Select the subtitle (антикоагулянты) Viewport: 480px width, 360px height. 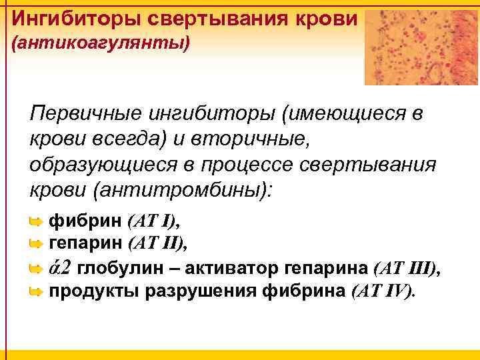click(x=101, y=45)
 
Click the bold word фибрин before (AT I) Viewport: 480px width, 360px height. click(x=86, y=221)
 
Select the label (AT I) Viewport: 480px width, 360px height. click(x=154, y=221)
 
